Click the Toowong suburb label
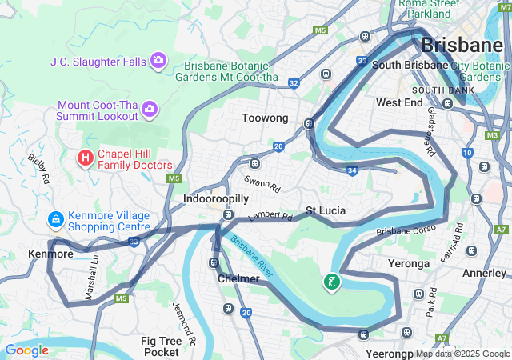(265, 118)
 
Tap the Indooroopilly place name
(217, 198)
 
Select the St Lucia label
(326, 211)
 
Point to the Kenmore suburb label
(50, 254)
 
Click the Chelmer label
(238, 279)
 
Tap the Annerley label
(484, 273)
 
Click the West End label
(399, 103)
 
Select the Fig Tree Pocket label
(161, 346)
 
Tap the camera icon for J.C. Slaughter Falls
(158, 60)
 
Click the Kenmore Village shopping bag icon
(56, 218)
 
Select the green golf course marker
(331, 282)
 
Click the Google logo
(26, 350)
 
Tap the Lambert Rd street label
(270, 216)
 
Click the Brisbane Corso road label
(406, 231)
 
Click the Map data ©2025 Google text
(463, 354)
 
